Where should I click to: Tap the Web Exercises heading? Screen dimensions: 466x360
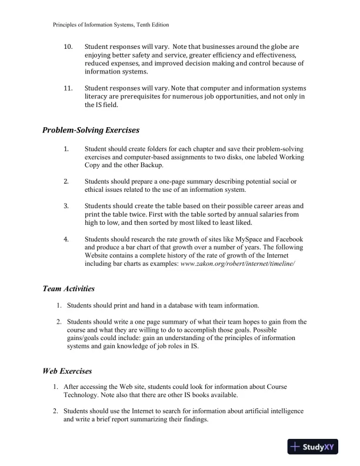(x=67, y=371)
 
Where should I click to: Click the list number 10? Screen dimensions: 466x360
(x=68, y=46)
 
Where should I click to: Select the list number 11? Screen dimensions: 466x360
(x=68, y=89)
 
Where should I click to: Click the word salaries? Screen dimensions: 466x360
(x=260, y=214)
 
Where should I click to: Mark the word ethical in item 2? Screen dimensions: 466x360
(x=98, y=189)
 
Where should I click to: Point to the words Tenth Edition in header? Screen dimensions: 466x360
(x=151, y=25)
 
